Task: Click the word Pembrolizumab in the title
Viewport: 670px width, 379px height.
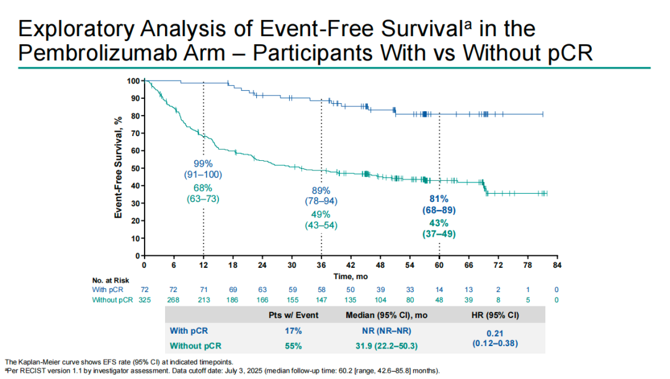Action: [122, 53]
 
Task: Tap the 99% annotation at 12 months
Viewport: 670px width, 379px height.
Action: [203, 163]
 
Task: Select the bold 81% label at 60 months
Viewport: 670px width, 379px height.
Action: [439, 199]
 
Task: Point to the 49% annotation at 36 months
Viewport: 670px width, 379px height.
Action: [321, 214]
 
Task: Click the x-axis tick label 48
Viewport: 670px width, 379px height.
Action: [380, 265]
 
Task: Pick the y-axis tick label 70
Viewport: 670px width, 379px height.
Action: [135, 134]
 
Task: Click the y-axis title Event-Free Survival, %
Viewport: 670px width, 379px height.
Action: [118, 167]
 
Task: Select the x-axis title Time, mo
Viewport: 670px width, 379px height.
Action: [351, 276]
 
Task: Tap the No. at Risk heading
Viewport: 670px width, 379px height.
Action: [110, 280]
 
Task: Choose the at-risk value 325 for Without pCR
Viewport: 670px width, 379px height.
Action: [145, 300]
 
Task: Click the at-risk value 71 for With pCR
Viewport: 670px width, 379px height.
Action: [203, 290]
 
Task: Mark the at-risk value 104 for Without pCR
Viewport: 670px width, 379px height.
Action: [380, 300]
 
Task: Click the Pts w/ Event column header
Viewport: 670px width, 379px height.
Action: [293, 315]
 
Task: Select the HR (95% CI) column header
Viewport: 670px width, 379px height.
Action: [495, 315]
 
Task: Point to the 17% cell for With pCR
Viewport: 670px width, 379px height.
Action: [293, 331]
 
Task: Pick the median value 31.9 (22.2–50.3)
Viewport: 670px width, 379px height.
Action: [386, 345]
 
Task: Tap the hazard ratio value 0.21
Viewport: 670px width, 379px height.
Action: [495, 333]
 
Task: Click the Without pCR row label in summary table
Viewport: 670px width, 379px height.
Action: [195, 345]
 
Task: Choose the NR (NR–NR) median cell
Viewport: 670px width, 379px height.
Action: [386, 331]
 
